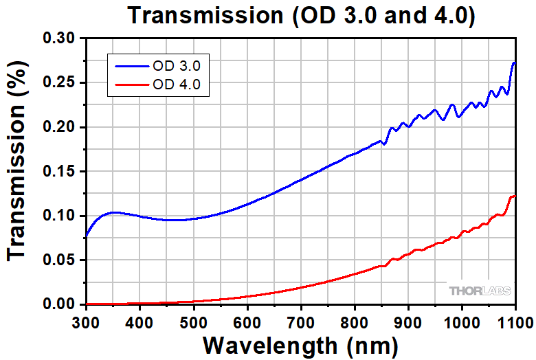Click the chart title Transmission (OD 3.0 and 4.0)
(300, 15)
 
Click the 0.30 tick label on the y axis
(61, 39)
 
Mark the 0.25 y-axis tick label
(61, 83)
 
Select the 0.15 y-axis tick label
(61, 172)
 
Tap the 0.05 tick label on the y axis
(61, 260)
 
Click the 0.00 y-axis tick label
(61, 304)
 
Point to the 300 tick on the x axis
(86, 321)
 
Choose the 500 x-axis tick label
(193, 321)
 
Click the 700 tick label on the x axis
(301, 321)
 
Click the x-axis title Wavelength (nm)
(300, 344)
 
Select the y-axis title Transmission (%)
(19, 171)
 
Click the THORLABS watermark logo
(480, 291)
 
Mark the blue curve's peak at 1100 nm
(514, 63)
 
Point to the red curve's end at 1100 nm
(514, 196)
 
